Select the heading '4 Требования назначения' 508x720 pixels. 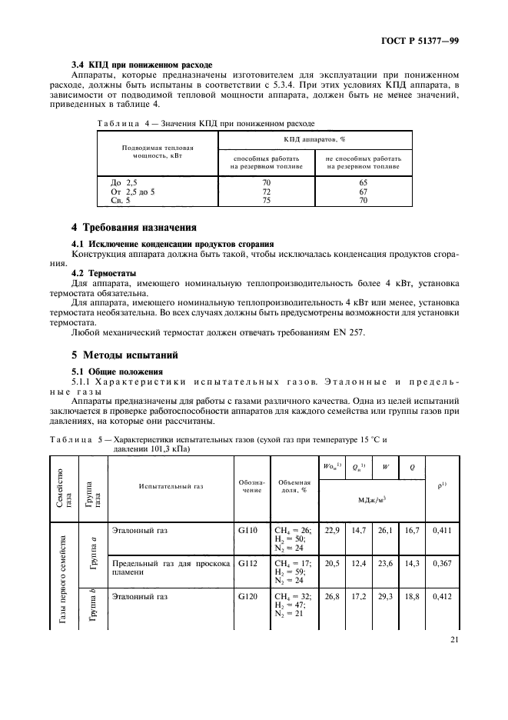click(134, 228)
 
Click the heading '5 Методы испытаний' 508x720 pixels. click(125, 355)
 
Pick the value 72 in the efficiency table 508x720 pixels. click(267, 191)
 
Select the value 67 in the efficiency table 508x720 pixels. click(364, 191)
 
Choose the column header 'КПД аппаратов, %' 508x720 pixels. click(314, 140)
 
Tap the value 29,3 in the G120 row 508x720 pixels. click(386, 596)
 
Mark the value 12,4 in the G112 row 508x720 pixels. click(359, 563)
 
